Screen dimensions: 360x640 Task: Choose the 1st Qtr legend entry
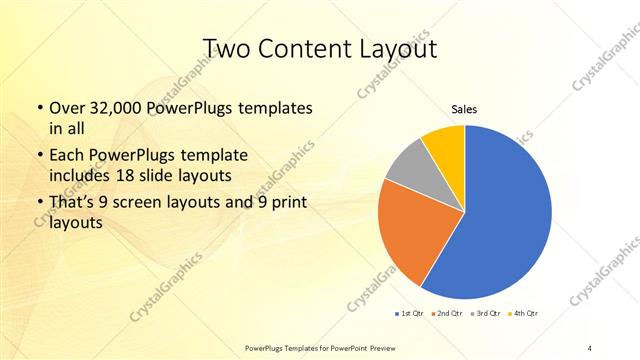coord(408,314)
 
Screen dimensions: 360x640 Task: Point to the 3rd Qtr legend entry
coord(485,314)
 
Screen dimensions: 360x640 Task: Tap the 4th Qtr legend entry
coord(525,314)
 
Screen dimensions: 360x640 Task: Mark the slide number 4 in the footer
coord(591,347)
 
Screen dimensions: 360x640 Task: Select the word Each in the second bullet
coord(67,156)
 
